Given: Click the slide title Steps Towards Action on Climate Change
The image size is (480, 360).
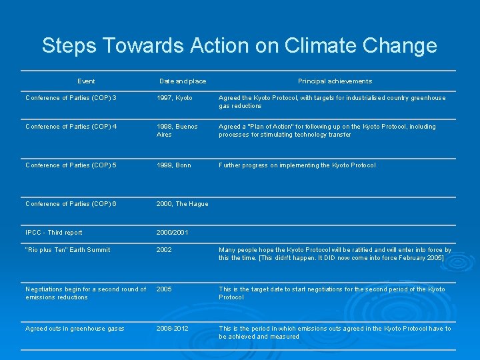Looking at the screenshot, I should point(239,45).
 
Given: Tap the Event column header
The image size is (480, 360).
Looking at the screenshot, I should point(86,81).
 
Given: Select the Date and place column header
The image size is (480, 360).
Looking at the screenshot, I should point(183,81).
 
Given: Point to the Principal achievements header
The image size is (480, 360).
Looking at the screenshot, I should point(335,81).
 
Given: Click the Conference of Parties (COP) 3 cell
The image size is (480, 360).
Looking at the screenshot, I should point(71,98).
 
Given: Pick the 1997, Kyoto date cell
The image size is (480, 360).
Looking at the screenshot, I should point(175,98).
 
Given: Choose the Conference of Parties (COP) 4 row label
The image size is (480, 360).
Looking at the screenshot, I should point(71,127).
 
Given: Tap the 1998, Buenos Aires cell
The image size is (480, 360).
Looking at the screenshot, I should point(177,131).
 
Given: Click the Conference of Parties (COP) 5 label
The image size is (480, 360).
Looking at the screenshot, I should point(71,165).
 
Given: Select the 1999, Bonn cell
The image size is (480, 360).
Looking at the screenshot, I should point(173,165).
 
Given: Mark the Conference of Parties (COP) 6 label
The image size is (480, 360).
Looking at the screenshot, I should point(71,204).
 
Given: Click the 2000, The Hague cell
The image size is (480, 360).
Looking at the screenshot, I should point(183,204).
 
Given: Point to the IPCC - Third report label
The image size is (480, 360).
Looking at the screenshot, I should point(54,233).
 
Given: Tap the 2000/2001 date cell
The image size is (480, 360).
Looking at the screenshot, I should point(173,233).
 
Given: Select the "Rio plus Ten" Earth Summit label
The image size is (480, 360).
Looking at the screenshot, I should point(68,250).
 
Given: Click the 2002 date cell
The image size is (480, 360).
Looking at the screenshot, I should point(164,250).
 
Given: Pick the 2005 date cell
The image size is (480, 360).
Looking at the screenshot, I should point(164,289).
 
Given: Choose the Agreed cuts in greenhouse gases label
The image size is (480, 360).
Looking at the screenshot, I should point(75,329).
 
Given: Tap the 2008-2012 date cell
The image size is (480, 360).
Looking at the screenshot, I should point(172,329).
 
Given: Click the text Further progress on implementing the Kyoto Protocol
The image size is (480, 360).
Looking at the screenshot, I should point(297,165).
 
